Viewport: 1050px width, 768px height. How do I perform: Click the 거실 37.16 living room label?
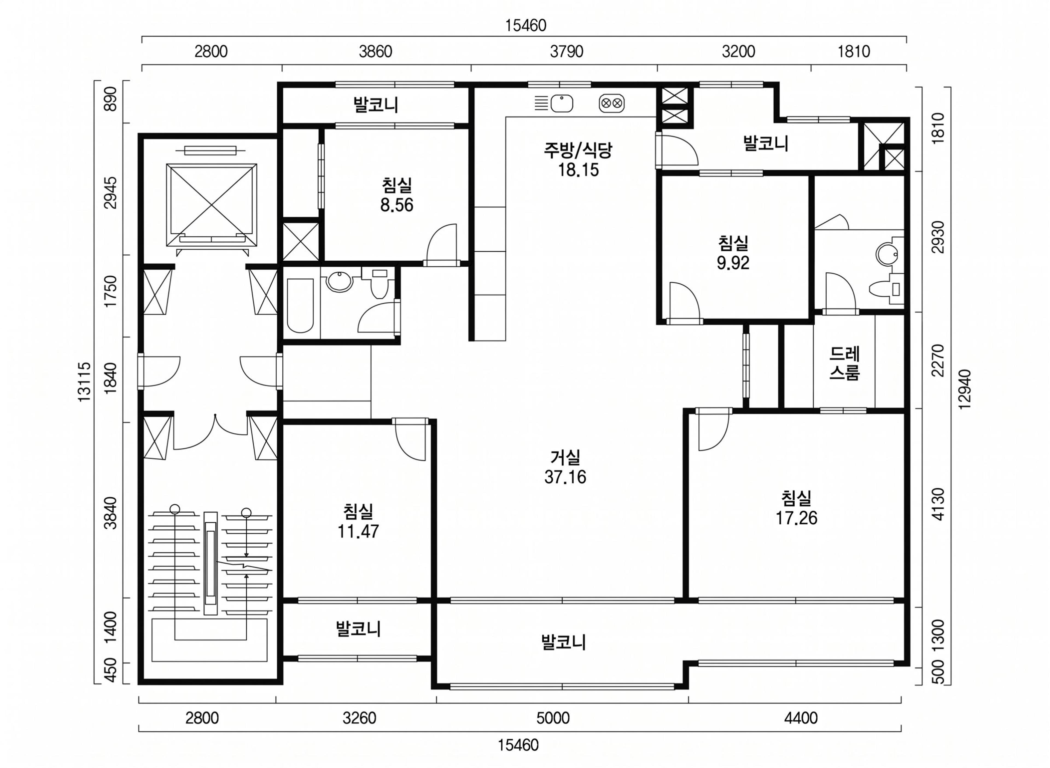565,467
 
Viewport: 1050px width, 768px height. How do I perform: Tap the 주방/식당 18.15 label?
578,160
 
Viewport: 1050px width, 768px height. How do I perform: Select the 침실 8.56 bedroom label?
397,195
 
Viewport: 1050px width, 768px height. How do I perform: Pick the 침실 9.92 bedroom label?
733,253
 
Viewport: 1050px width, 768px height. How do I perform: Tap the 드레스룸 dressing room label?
845,364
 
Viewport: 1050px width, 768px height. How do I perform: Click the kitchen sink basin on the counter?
562,104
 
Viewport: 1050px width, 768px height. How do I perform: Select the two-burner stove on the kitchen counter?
612,104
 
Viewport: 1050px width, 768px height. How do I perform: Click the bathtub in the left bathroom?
300,305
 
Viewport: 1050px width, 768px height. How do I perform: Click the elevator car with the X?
212,205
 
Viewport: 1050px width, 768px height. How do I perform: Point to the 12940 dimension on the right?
964,389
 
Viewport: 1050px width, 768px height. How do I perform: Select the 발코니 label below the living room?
563,642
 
